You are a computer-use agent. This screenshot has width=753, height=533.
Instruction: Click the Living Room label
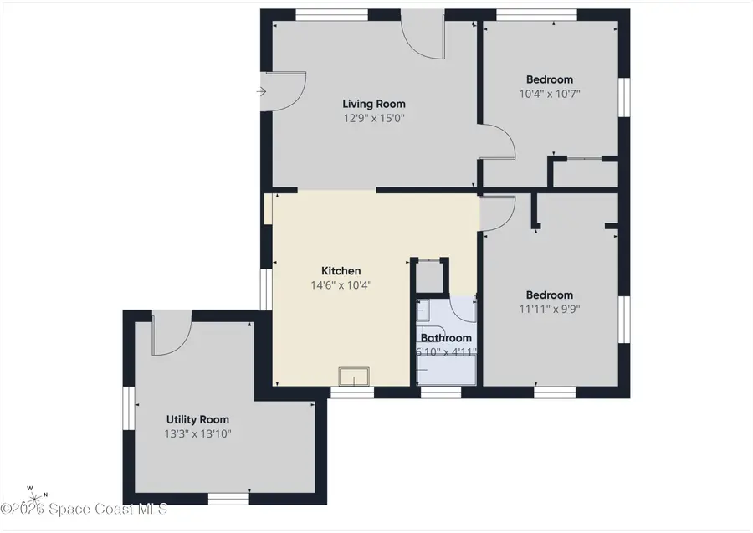374,104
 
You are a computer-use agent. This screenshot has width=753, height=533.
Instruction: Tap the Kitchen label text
341,271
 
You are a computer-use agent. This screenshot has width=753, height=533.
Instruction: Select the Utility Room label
197,420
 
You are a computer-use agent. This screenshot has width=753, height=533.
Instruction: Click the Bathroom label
446,338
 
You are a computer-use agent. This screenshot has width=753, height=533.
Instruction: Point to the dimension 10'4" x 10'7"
550,94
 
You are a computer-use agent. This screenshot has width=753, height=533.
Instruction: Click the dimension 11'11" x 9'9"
550,309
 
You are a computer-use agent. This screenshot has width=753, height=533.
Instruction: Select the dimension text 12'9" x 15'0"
374,118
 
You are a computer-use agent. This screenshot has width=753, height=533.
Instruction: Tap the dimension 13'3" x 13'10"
197,434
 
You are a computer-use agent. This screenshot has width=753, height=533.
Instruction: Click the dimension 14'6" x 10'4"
341,285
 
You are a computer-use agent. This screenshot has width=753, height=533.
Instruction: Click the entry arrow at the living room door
261,91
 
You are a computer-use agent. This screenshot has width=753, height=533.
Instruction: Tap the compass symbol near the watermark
35,498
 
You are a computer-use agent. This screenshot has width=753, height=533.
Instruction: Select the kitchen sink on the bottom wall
354,376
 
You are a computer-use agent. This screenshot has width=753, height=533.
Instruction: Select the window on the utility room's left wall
129,408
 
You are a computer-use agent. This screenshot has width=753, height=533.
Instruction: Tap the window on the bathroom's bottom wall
441,392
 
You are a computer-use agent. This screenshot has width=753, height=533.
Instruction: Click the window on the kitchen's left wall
266,290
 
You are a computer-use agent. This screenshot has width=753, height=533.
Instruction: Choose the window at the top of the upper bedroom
536,15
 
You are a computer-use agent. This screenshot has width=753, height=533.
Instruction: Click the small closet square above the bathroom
431,277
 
